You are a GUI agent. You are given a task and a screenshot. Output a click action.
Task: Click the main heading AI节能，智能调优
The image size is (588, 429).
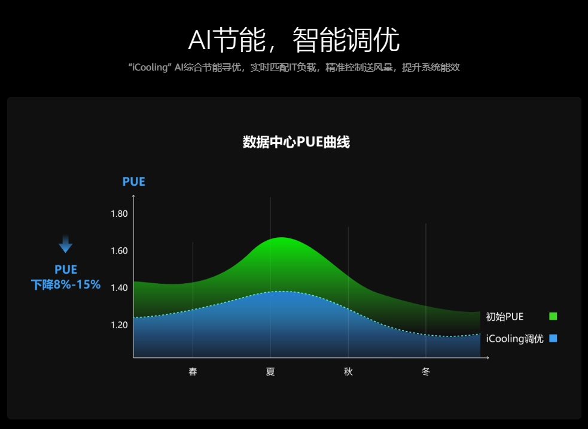pyautogui.click(x=294, y=39)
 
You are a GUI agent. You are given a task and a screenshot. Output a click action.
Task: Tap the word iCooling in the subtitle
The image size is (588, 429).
pyautogui.click(x=150, y=68)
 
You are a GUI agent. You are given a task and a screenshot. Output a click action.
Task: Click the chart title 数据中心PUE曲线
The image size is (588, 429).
pyautogui.click(x=296, y=142)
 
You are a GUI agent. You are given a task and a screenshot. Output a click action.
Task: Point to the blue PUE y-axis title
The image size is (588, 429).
pyautogui.click(x=133, y=182)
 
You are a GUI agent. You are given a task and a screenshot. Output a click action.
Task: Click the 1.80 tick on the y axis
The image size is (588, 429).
pyautogui.click(x=119, y=213)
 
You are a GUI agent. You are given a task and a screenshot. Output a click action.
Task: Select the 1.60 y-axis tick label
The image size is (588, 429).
pyautogui.click(x=119, y=251)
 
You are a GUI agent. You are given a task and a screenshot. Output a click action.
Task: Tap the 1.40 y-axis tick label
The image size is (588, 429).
pyautogui.click(x=119, y=288)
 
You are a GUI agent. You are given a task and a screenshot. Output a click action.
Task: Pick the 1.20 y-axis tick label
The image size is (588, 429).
pyautogui.click(x=119, y=325)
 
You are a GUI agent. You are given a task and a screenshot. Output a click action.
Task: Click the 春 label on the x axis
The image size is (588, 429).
pyautogui.click(x=193, y=372)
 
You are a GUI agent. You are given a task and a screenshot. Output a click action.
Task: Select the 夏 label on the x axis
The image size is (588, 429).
pyautogui.click(x=270, y=372)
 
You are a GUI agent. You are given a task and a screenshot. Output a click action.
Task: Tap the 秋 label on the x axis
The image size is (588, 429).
pyautogui.click(x=348, y=372)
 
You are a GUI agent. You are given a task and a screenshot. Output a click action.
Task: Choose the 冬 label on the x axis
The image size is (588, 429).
pyautogui.click(x=426, y=372)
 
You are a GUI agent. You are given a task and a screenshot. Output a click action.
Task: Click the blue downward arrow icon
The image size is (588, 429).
pyautogui.click(x=66, y=244)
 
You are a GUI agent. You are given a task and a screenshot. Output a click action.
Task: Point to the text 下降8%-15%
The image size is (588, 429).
pyautogui.click(x=66, y=285)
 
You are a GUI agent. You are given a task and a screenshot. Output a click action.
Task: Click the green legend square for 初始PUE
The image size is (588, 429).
pyautogui.click(x=553, y=317)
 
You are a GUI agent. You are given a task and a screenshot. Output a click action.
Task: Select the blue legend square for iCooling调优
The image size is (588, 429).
pyautogui.click(x=553, y=339)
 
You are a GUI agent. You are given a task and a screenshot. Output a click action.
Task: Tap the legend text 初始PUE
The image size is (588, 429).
pyautogui.click(x=504, y=317)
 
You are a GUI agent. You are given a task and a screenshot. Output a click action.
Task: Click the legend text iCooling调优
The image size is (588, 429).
pyautogui.click(x=514, y=339)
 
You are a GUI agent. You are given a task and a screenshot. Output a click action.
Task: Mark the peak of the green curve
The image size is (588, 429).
pyautogui.click(x=281, y=238)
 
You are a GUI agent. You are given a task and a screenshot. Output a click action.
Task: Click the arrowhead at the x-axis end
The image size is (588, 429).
pyautogui.click(x=488, y=358)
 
